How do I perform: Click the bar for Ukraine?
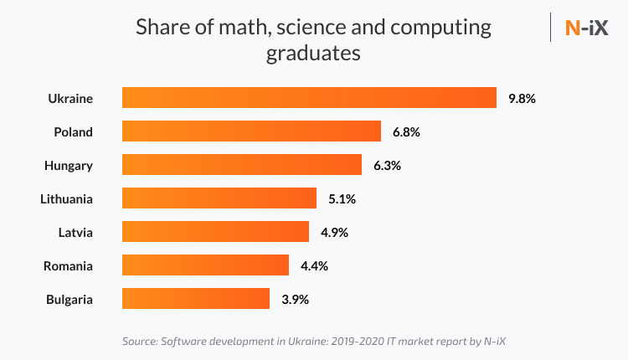pyautogui.click(x=309, y=98)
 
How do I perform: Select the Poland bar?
pyautogui.click(x=251, y=131)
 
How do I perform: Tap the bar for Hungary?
pyautogui.click(x=242, y=165)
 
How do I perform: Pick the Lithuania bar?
pyautogui.click(x=219, y=198)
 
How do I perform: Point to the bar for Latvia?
pyautogui.click(x=215, y=232)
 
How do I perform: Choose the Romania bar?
pyautogui.click(x=205, y=265)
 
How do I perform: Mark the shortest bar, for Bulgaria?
pyautogui.click(x=196, y=299)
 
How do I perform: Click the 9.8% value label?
pyautogui.click(x=522, y=98)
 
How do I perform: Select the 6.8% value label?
pyautogui.click(x=406, y=131)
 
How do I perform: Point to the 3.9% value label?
pyautogui.click(x=295, y=299)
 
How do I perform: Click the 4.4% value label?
pyautogui.click(x=314, y=265)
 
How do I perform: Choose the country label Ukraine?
pyautogui.click(x=69, y=98)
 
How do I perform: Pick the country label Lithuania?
pyautogui.click(x=66, y=198)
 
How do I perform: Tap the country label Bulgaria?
pyautogui.click(x=69, y=299)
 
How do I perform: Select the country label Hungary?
pyautogui.click(x=69, y=165)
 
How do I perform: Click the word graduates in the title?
pyautogui.click(x=313, y=54)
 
